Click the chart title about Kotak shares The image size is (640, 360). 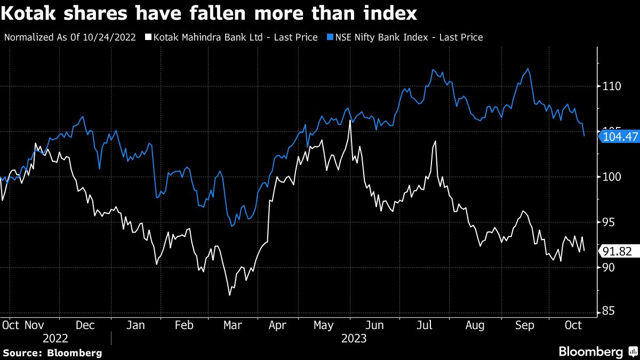[x=209, y=13]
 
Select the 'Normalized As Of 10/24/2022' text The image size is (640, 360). [x=70, y=37]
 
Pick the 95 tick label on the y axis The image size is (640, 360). [x=609, y=222]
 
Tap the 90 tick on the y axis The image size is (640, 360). [x=609, y=267]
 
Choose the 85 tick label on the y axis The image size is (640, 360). [x=609, y=312]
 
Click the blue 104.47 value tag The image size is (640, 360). [x=619, y=137]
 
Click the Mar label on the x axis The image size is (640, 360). [x=233, y=325]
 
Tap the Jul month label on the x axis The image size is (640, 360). [x=424, y=325]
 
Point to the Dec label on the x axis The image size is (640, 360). [x=85, y=325]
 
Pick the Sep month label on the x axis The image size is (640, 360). [x=524, y=325]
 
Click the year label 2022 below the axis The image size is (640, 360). [x=56, y=338]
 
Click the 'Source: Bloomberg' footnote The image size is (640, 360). [x=52, y=353]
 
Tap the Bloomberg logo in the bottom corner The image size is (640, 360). [x=597, y=351]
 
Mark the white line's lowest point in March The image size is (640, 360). [x=229, y=295]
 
